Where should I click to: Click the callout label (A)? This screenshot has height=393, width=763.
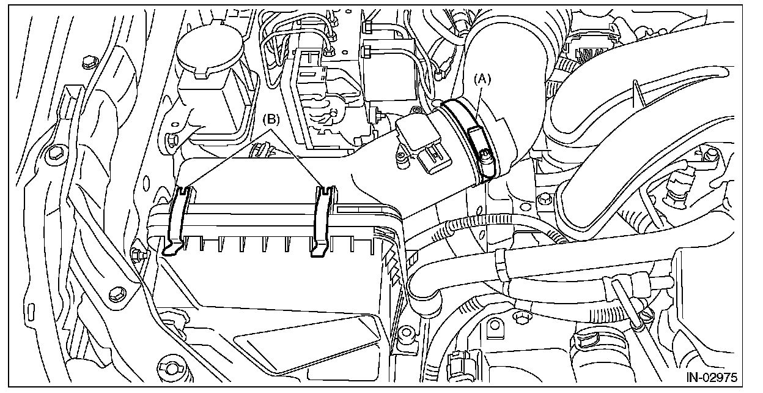point(483,78)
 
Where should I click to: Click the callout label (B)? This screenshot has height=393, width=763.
point(271,120)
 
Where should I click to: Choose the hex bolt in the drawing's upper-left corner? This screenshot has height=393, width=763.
point(87,61)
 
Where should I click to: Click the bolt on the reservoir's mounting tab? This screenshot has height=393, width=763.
point(173,139)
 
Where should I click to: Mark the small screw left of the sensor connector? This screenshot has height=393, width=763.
point(401,157)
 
